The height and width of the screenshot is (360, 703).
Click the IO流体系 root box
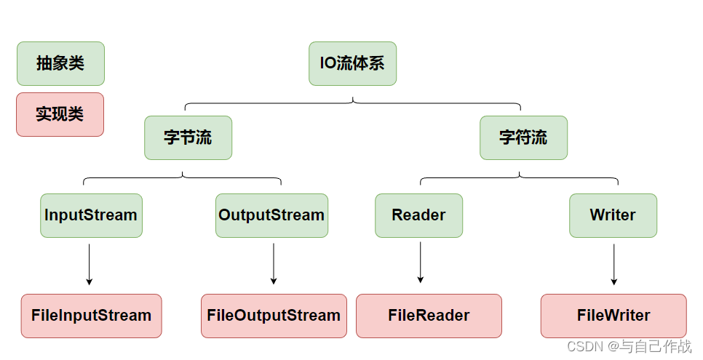point(352,63)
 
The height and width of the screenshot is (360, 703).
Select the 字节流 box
point(188,137)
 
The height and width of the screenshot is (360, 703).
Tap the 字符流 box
point(523,137)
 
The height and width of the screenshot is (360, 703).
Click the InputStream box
point(91,215)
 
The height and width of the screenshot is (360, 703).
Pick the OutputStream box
point(271,215)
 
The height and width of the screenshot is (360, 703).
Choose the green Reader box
point(418,215)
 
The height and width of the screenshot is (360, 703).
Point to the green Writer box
point(613,215)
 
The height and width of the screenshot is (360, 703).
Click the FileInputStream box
point(91,316)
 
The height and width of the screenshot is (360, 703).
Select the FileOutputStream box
point(274,316)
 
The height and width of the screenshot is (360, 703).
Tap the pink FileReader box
point(429,316)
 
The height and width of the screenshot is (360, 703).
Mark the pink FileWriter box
point(613,316)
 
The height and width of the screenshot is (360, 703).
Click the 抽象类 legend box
point(60,63)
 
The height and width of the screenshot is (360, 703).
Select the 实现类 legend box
point(60,114)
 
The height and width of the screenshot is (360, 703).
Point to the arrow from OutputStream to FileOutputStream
point(274,263)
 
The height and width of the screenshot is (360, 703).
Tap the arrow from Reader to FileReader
point(421,263)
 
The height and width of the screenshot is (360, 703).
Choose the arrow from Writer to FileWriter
point(613,264)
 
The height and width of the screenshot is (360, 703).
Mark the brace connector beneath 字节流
point(182,177)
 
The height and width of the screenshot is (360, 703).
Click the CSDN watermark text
point(629,347)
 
